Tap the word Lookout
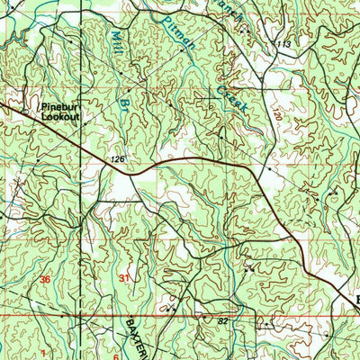[x=61, y=117]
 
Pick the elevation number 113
[x=285, y=44]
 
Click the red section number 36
[x=46, y=279]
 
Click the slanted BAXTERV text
[x=142, y=337]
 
